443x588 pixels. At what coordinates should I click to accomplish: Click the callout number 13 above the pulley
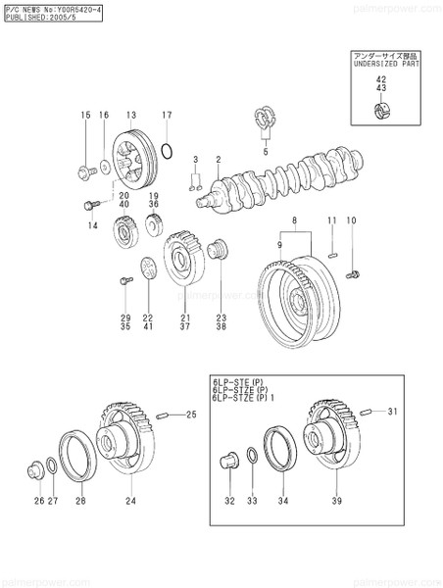pos(130,115)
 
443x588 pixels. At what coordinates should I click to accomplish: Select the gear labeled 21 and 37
pos(181,258)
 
